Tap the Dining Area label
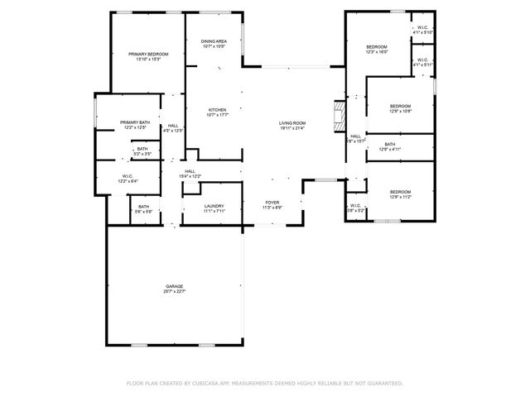214,44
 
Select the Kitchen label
217,112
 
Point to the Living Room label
291,125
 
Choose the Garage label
174,289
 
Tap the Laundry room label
214,208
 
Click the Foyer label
272,204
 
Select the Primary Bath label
134,124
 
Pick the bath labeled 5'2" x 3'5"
142,151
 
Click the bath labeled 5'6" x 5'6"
143,208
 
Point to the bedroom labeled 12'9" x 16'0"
376,50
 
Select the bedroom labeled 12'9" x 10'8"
400,108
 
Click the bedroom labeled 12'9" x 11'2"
400,195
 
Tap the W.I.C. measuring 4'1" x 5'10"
422,30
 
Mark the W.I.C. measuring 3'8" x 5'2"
354,208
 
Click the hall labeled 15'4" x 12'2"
190,174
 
